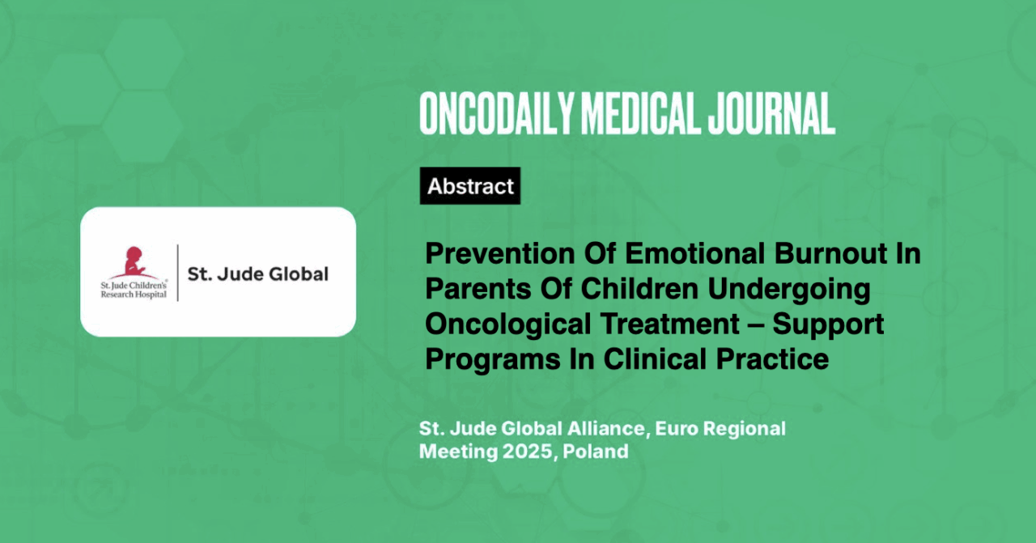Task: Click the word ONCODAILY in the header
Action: [x=497, y=114]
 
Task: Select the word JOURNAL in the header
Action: [x=771, y=114]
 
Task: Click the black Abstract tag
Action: [x=470, y=186]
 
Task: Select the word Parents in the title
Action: [x=478, y=289]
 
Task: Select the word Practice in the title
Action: [x=772, y=359]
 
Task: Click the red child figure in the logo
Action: [x=134, y=262]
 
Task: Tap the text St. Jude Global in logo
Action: [x=257, y=274]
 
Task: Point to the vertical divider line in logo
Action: [x=177, y=273]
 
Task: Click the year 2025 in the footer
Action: [x=528, y=452]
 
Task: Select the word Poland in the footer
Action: [x=596, y=452]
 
